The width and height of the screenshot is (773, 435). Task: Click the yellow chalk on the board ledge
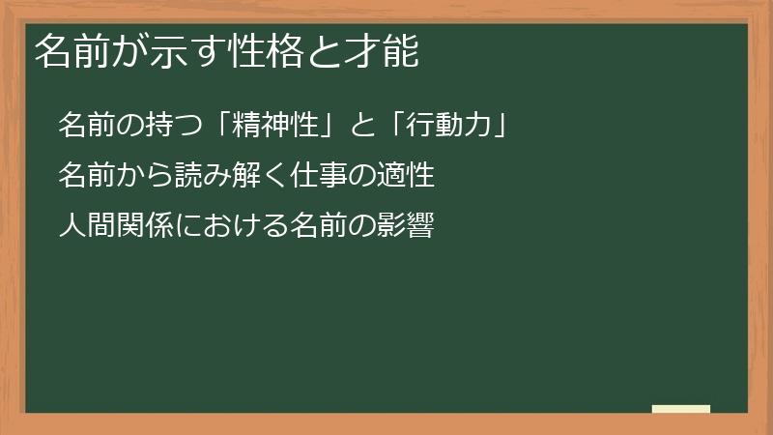coord(681,409)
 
